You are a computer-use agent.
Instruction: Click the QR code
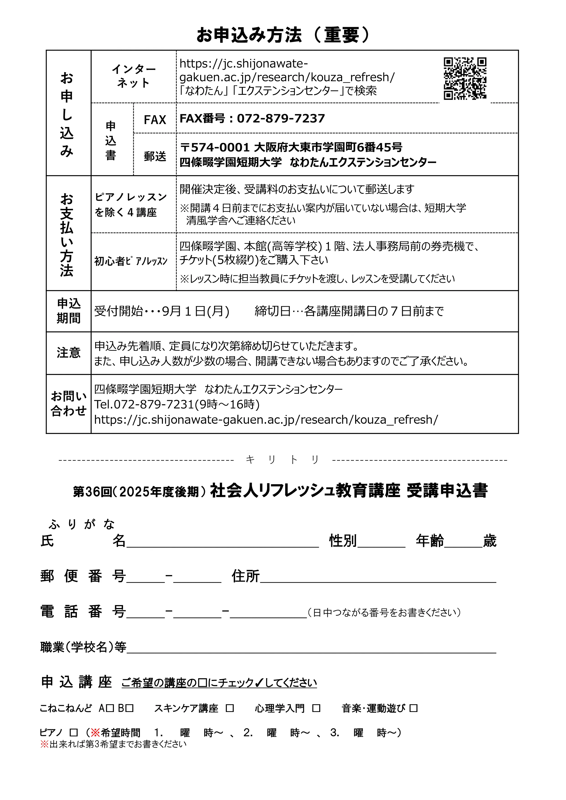(x=465, y=79)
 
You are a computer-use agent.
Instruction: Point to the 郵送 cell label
(x=155, y=156)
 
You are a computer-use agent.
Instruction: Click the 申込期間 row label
(x=69, y=311)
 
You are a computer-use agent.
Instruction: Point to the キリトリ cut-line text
(x=283, y=460)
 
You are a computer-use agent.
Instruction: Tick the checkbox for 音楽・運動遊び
(x=413, y=708)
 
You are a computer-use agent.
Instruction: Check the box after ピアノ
(x=73, y=733)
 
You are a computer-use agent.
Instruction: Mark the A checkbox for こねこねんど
(x=110, y=708)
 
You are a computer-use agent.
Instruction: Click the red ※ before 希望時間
(x=95, y=732)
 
